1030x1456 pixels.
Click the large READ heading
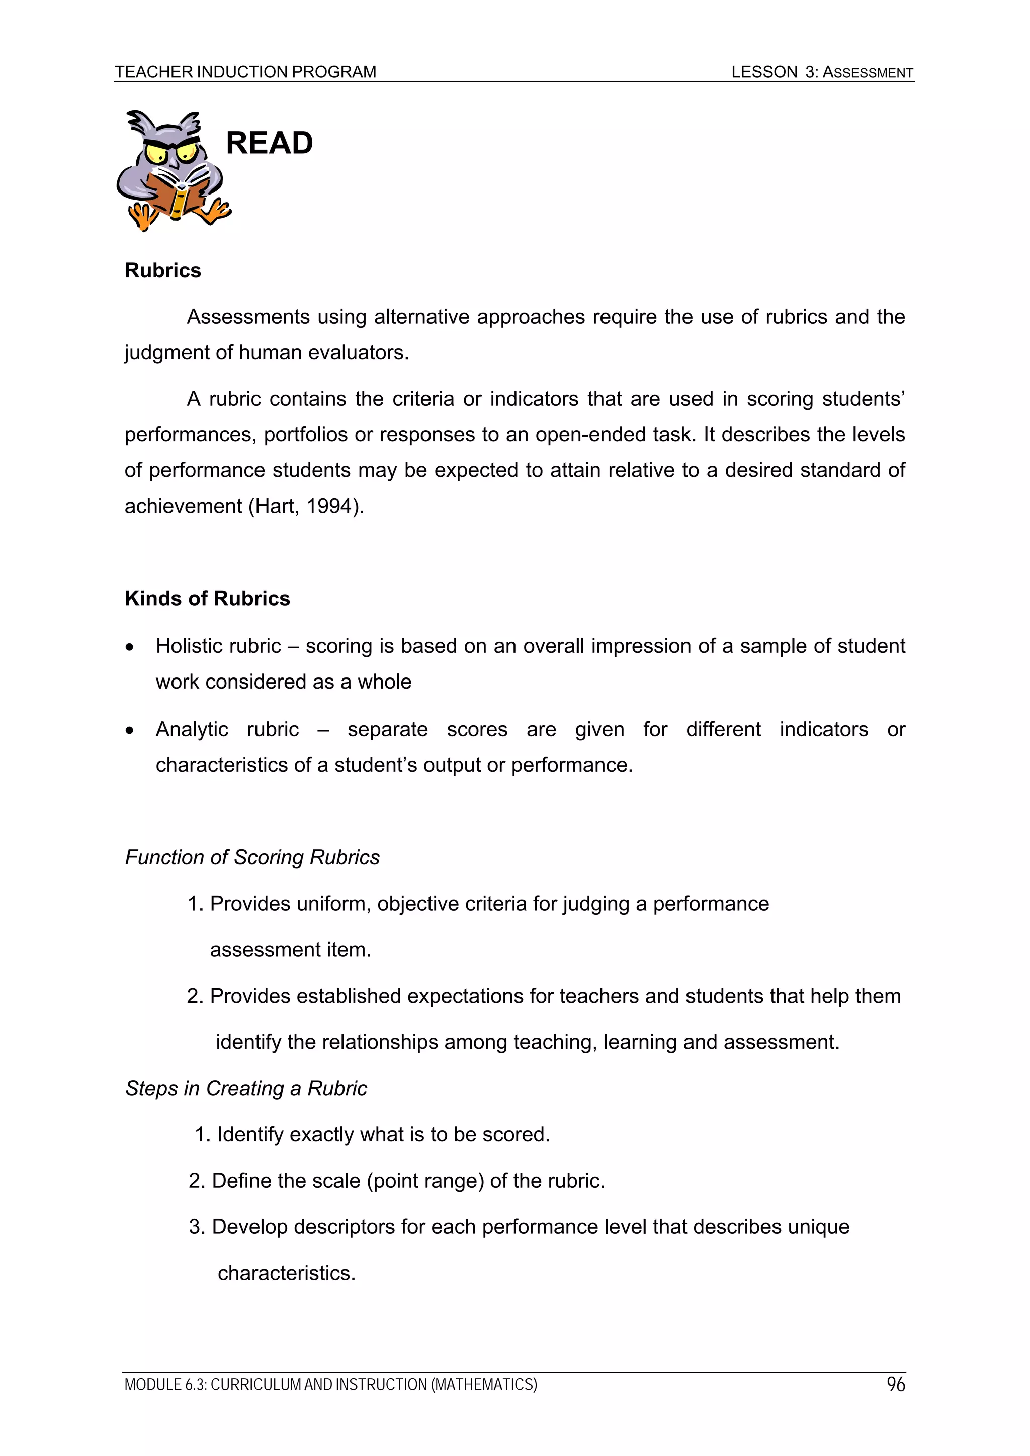point(269,143)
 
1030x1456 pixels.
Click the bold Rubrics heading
point(163,271)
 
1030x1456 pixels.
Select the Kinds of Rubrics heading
point(208,599)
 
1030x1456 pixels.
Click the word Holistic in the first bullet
point(187,646)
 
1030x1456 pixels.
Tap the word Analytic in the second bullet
point(192,729)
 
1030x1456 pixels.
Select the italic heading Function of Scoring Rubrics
point(252,857)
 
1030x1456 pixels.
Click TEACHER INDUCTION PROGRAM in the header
point(245,72)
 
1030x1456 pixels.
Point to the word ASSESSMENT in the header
point(868,73)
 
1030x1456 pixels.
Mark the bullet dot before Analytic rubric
point(130,731)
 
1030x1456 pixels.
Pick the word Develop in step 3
point(249,1227)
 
